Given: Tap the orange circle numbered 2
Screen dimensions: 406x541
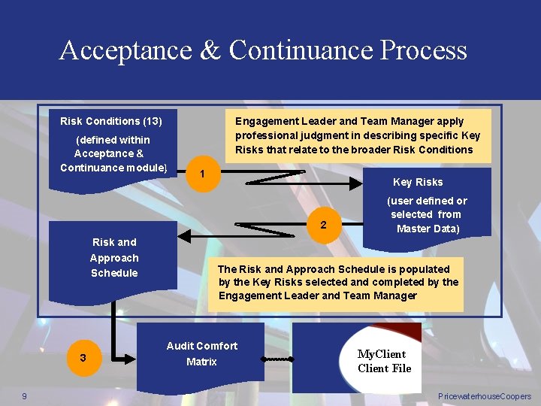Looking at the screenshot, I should (322, 224).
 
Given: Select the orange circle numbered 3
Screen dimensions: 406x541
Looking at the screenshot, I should (83, 357).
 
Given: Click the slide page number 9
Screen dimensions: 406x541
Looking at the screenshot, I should (25, 396).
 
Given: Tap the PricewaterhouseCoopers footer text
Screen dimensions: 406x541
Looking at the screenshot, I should (484, 396).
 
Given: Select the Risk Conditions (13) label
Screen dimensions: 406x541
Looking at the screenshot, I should (111, 121).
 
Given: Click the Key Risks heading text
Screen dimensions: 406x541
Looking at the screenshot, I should (418, 182).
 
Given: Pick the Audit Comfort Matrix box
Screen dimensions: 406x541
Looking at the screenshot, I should (201, 353).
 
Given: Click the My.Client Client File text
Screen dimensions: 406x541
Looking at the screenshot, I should (384, 361).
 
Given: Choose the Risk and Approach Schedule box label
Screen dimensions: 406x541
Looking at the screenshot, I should (114, 257).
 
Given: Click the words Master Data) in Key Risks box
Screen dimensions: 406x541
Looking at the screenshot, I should (428, 229).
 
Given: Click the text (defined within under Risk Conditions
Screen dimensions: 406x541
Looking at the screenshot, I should (113, 140).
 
